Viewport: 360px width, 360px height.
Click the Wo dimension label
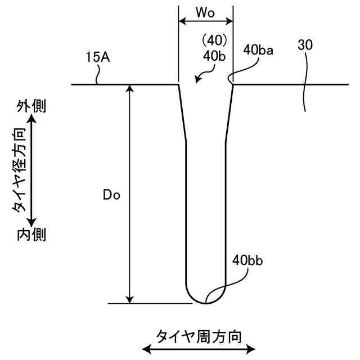205,11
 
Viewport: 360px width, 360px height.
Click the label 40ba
258,50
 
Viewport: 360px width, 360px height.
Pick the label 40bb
248,260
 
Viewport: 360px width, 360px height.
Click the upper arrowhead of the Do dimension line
130,89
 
